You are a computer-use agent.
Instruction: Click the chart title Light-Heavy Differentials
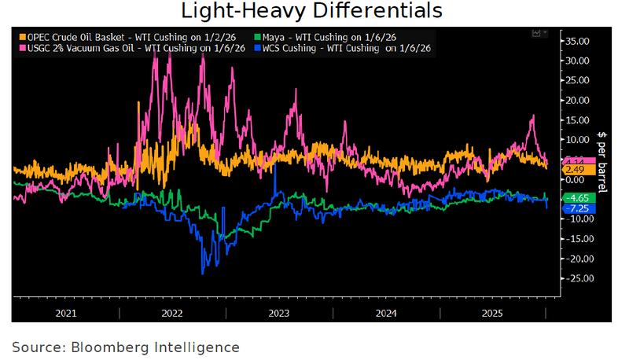[312, 12]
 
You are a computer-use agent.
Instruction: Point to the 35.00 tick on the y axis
[578, 40]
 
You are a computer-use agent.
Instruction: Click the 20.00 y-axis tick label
[578, 100]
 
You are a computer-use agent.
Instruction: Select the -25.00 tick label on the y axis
[578, 278]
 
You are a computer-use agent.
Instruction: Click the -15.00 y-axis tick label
[578, 239]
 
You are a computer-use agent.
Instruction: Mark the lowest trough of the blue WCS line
[203, 273]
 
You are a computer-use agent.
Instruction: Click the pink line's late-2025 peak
[533, 116]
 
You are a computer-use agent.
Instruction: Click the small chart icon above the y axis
[537, 33]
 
